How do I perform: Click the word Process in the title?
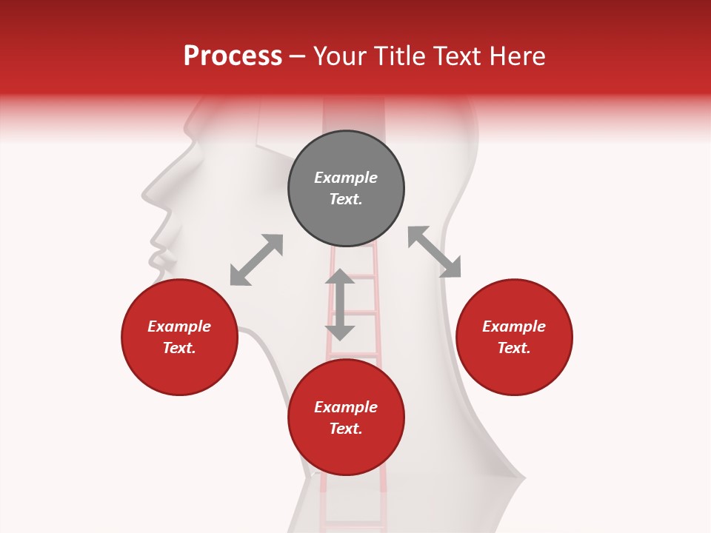point(233,56)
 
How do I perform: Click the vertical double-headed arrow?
point(340,304)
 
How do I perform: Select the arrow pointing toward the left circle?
point(256,260)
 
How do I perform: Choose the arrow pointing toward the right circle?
point(435,252)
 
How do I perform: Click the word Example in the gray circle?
point(346,178)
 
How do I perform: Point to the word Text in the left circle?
point(179,348)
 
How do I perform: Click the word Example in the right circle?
point(514,326)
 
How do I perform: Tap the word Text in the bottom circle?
point(346,429)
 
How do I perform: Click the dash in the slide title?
point(298,57)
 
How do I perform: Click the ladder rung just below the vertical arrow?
point(354,355)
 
